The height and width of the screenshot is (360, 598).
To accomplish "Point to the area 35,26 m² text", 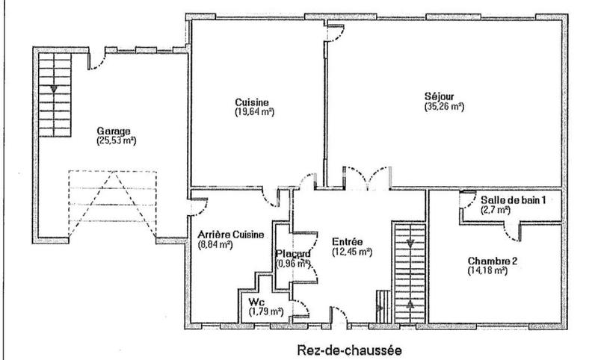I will pos(443,106).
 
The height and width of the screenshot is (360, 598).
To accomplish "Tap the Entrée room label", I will pos(348,242).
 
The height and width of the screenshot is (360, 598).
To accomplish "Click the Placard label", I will pos(292,253).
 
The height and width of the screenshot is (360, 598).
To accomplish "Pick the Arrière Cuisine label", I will pos(230,235).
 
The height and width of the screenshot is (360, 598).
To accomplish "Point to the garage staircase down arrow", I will pos(54,89).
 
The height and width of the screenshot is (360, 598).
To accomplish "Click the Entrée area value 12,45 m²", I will pos(351,252).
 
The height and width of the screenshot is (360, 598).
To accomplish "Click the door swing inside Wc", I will pos(300,306).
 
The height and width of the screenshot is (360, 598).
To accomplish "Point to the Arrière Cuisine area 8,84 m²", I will pos(218,244).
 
